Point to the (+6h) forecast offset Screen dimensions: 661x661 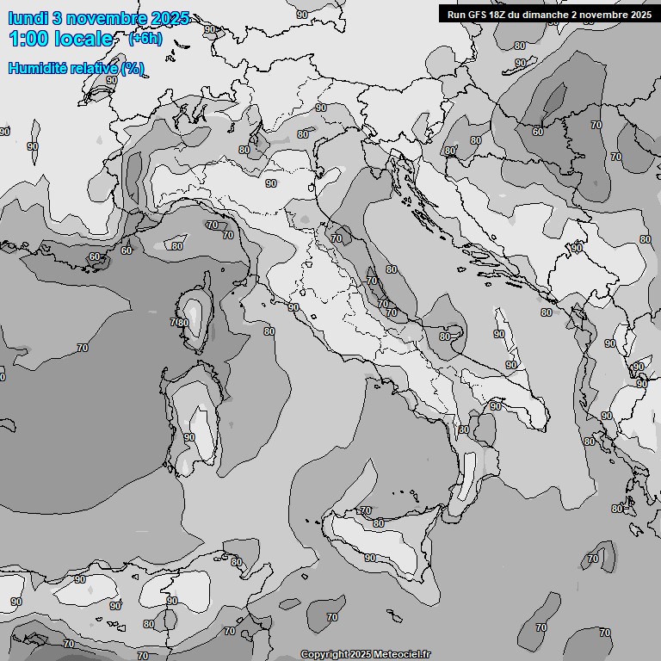[145, 39]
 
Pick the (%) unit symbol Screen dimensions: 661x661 [133, 69]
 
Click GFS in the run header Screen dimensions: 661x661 [479, 15]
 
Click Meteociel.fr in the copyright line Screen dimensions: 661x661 [402, 654]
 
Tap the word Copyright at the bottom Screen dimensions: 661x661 [324, 654]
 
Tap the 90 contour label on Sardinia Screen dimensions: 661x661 [189, 437]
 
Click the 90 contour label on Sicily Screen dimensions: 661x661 [370, 558]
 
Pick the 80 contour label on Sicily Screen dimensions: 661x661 [379, 523]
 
